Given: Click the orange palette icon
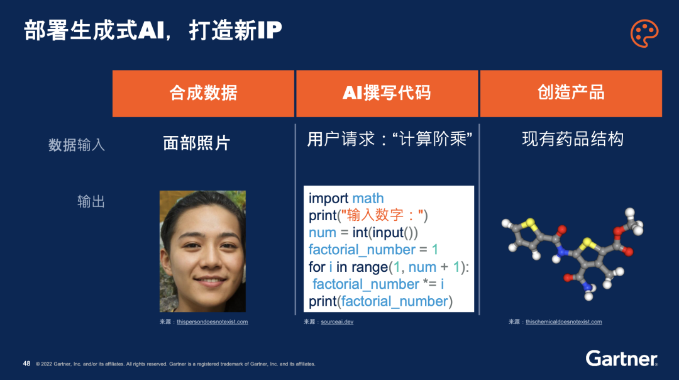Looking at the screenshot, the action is tap(644, 33).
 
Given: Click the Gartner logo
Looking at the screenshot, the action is tap(621, 359).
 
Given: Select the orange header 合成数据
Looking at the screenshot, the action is tap(203, 93).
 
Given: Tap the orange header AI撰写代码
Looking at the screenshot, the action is tap(387, 93).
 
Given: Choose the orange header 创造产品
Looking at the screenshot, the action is tap(571, 93).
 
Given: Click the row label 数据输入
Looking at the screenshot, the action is tap(77, 145).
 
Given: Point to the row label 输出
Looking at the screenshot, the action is tap(91, 201).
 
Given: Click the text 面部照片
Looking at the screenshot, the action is tap(197, 143).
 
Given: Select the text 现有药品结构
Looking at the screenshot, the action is tap(573, 139).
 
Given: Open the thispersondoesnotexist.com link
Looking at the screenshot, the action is tap(213, 322).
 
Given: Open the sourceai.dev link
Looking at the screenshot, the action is tap(337, 322).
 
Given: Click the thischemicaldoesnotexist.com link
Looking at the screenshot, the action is tap(564, 322).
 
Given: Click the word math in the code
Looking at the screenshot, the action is tap(368, 198).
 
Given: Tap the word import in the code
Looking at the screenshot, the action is tap(328, 199).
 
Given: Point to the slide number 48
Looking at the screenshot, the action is tap(27, 364).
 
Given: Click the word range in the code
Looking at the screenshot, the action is tap(370, 268).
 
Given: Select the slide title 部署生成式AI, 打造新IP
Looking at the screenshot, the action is tap(153, 31).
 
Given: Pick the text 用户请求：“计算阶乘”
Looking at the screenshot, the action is tap(389, 139).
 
